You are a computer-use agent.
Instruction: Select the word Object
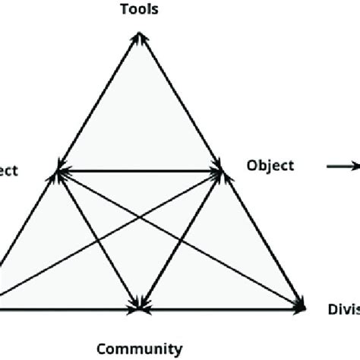[270, 166]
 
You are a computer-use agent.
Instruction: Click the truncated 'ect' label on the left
[8, 171]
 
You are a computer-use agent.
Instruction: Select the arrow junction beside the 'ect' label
[58, 172]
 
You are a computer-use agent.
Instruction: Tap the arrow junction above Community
[141, 308]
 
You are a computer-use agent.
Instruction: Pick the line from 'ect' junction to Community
[99, 240]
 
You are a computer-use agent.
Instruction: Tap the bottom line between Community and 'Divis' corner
[220, 308]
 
